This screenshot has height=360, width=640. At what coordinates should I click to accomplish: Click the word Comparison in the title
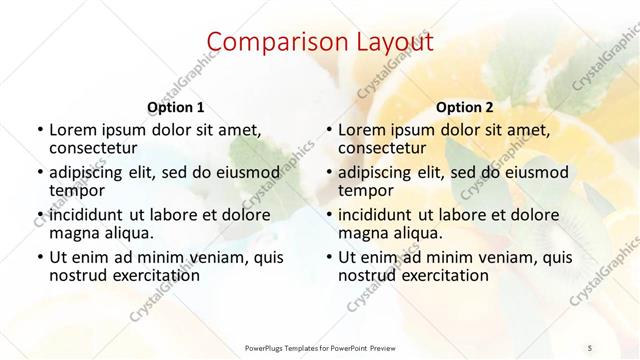point(268,42)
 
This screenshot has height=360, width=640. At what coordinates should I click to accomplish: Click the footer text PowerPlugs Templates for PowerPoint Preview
point(320,347)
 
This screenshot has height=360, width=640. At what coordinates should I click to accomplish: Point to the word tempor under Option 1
point(77,191)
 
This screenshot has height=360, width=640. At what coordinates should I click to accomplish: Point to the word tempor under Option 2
point(366,191)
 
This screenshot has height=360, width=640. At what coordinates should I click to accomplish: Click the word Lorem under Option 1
point(73,130)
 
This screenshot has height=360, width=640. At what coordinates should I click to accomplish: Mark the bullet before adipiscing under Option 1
point(39,173)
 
